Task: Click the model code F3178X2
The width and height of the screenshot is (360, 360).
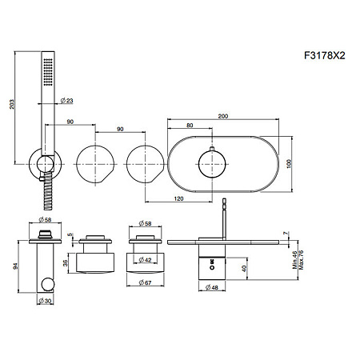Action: point(325,55)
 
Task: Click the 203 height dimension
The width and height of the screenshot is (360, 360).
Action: point(12,104)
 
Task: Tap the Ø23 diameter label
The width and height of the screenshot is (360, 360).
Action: point(66,101)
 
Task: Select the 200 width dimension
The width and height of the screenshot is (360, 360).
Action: point(223,116)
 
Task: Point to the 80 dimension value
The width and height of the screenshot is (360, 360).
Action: point(190,125)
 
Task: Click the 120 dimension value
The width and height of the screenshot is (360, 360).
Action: point(178,198)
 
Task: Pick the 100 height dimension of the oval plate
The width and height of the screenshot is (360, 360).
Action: point(290,163)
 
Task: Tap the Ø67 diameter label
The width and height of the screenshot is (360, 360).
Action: point(145,282)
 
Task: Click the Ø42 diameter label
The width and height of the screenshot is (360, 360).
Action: point(145,259)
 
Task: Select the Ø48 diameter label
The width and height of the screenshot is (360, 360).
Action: point(212,287)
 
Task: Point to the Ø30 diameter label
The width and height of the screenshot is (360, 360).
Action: point(45,301)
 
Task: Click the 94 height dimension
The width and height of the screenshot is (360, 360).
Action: point(15,266)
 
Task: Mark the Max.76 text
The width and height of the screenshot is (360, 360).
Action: point(301,259)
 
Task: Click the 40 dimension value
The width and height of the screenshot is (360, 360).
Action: point(244,268)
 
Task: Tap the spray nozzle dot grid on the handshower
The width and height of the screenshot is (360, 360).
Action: point(48,72)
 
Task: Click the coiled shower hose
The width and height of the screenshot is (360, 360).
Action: point(49,190)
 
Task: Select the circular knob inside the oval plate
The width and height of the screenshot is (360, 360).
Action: point(212,163)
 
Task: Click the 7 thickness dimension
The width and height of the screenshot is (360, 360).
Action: point(286,234)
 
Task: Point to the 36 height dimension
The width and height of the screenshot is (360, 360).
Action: point(66,263)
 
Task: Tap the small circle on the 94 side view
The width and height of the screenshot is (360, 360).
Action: point(48,284)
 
